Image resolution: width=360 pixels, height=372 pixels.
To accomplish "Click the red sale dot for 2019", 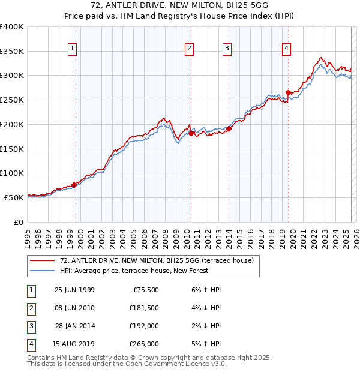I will pyautogui.click(x=288, y=92).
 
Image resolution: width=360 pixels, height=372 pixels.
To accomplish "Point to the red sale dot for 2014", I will pyautogui.click(x=229, y=128).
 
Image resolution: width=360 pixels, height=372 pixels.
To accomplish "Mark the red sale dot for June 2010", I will pyautogui.click(x=190, y=133).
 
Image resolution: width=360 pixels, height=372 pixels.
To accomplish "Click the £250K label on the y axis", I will pyautogui.click(x=12, y=100).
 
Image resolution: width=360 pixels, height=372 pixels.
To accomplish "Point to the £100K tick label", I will pyautogui.click(x=12, y=173).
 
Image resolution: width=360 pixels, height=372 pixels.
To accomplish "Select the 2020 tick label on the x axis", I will pyautogui.click(x=293, y=233).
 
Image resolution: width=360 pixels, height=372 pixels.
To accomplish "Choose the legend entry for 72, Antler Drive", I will pyautogui.click(x=157, y=260).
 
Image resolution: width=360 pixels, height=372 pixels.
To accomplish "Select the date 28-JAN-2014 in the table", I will pyautogui.click(x=75, y=326).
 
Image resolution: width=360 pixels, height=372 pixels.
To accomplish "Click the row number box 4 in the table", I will pyautogui.click(x=31, y=344).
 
